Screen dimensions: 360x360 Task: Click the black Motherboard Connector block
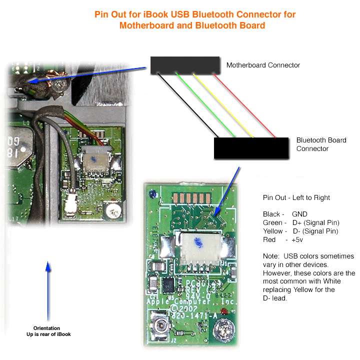click(185, 65)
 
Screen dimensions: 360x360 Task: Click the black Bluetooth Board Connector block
click(251, 148)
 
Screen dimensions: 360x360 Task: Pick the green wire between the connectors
click(205, 105)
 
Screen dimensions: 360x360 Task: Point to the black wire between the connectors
click(188, 105)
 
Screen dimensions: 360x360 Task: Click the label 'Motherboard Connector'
click(263, 65)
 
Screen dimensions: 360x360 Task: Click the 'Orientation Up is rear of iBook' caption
click(48, 331)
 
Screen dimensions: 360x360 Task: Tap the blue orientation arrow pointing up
click(48, 290)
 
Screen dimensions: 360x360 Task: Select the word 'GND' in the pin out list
click(300, 214)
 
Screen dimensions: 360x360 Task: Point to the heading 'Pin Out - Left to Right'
click(296, 197)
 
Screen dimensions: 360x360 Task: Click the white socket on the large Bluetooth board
click(198, 250)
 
